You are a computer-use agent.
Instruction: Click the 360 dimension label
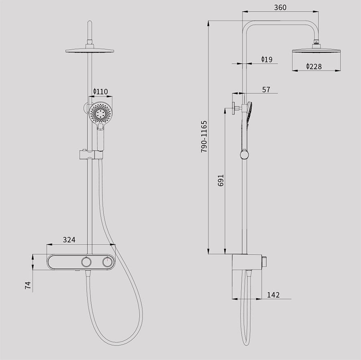coord(280,7)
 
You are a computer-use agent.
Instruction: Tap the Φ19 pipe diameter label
coord(266,59)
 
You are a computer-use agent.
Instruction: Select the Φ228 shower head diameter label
coord(314,67)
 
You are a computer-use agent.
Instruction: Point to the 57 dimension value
coord(266,89)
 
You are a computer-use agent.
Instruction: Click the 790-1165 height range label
coord(204,136)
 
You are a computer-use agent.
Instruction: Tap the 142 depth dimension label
coord(273,295)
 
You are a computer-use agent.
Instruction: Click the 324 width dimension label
coord(69,240)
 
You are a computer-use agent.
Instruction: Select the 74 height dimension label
coord(28,285)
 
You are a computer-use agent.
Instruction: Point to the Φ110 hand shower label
coord(100,92)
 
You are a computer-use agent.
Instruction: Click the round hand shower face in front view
coord(100,113)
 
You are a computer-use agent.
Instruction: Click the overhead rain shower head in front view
coord(90,51)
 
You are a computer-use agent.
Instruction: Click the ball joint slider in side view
coord(244,155)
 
